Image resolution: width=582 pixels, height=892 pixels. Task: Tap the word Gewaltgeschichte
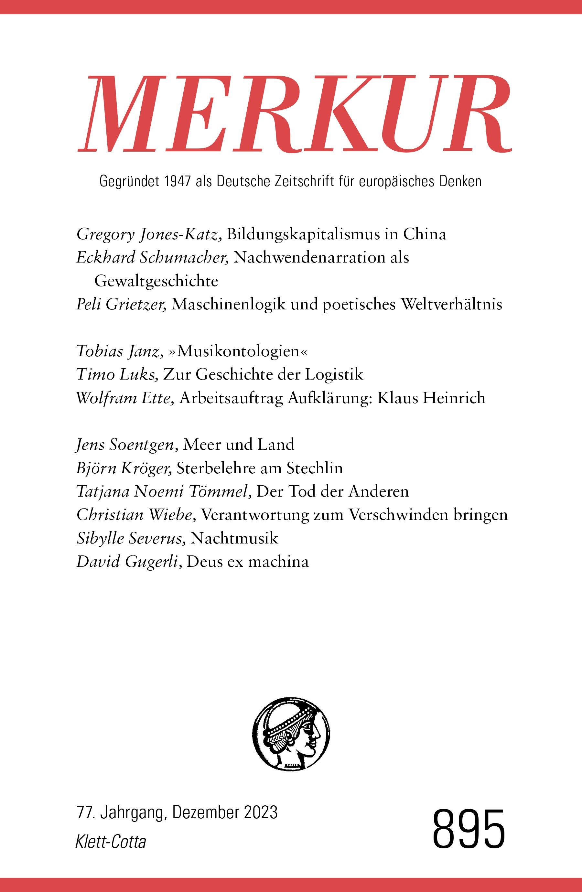click(156, 281)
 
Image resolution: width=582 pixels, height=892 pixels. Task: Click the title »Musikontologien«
click(240, 351)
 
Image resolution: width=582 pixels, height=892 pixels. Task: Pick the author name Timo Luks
click(117, 374)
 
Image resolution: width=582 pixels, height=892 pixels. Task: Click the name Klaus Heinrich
click(431, 398)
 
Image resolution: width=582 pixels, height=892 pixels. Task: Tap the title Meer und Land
click(239, 445)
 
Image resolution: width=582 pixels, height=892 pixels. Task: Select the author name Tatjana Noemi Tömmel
click(164, 491)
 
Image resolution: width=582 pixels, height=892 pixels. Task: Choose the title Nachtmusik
click(234, 538)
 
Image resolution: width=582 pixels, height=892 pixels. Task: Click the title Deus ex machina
click(247, 562)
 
